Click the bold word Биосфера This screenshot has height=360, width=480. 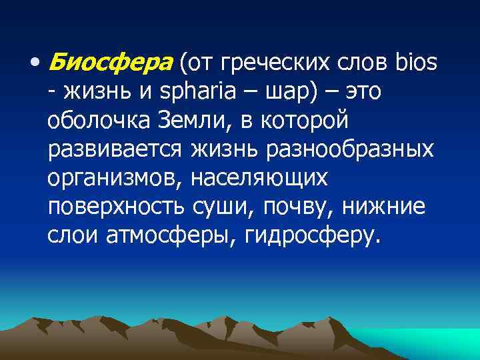[111, 64]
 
